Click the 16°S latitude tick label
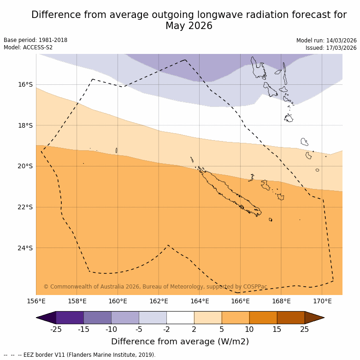point(25,84)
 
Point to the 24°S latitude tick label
point(25,248)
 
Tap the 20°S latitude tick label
point(25,166)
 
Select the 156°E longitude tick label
point(36,301)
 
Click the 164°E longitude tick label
point(200,301)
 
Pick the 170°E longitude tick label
point(322,301)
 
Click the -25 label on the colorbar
point(56,329)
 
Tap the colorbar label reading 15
point(277,329)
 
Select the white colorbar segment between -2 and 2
point(180,318)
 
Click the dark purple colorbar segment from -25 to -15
point(70,318)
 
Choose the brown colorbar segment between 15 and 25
point(291,318)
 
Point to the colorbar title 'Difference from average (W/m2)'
point(180,342)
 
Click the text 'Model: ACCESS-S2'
point(28,47)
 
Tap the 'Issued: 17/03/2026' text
point(331,48)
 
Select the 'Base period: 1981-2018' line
point(35,40)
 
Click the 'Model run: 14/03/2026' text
point(326,41)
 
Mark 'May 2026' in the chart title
point(189,26)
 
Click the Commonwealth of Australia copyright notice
point(155,287)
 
